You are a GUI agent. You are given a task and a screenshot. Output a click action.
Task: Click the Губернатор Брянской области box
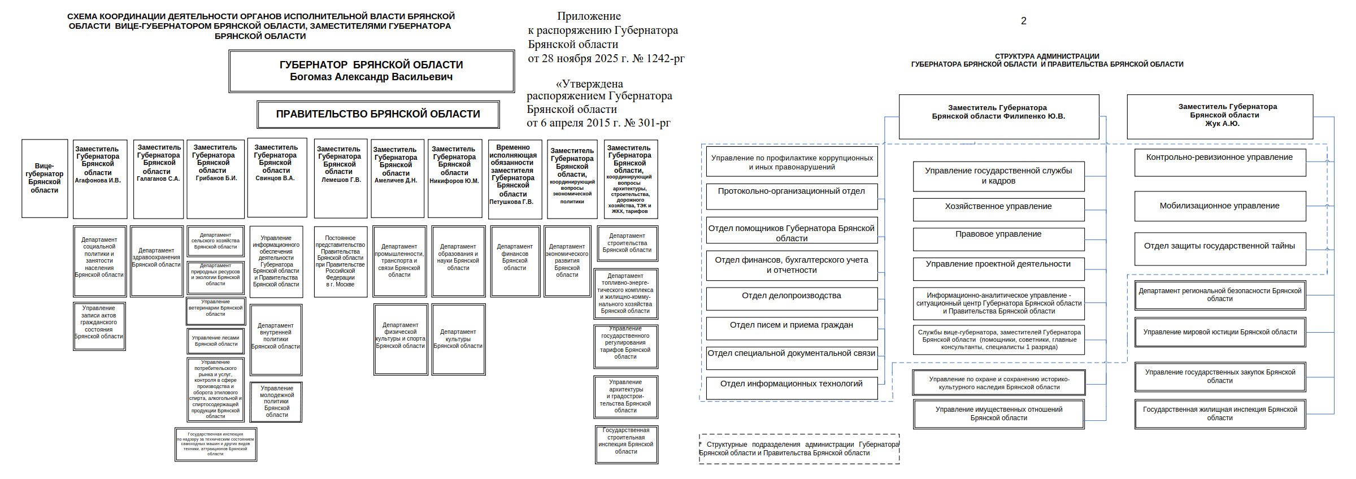tap(371, 71)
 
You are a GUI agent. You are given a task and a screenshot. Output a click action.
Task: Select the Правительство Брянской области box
tap(378, 114)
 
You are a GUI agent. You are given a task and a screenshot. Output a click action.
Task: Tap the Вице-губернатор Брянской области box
tap(45, 178)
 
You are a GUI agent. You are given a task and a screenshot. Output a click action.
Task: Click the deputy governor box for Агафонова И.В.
tap(100, 178)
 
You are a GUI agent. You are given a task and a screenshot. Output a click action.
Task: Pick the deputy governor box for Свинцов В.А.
tap(277, 177)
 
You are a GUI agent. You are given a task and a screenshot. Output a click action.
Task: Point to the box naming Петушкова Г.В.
tap(514, 178)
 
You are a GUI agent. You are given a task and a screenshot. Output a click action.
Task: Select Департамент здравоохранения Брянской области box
tap(157, 260)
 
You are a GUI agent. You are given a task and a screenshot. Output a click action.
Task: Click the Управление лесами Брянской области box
tap(216, 341)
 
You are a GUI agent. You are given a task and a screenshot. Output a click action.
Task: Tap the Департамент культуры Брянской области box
tap(458, 339)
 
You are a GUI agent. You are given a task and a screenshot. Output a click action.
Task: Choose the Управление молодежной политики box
tap(277, 402)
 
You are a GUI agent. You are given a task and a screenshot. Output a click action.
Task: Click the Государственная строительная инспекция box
tap(626, 444)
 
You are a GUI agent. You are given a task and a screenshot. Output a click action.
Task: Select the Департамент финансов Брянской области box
tap(515, 260)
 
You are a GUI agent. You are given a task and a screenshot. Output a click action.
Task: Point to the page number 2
tap(1023, 21)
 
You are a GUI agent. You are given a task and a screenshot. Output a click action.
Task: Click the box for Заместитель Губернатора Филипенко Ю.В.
tap(998, 116)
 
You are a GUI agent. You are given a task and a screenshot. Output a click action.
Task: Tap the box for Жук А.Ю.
tap(1219, 116)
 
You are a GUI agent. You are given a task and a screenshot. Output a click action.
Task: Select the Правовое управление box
tap(998, 239)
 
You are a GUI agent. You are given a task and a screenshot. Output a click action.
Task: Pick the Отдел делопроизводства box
tap(791, 298)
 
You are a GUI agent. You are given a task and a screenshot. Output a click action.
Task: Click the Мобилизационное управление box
tap(1219, 206)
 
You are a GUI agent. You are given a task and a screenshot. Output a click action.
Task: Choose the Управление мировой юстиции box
tap(1219, 332)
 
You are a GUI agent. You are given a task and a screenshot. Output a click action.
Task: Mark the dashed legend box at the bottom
tap(799, 449)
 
